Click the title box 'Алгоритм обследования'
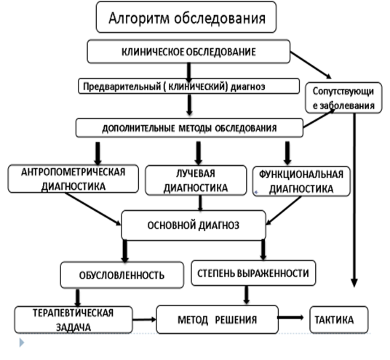(x=186, y=17)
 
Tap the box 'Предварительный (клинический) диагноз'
(x=188, y=85)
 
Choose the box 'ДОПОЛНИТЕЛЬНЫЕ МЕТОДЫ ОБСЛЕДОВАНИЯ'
(x=188, y=128)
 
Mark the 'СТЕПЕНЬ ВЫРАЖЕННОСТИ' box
(x=254, y=273)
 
